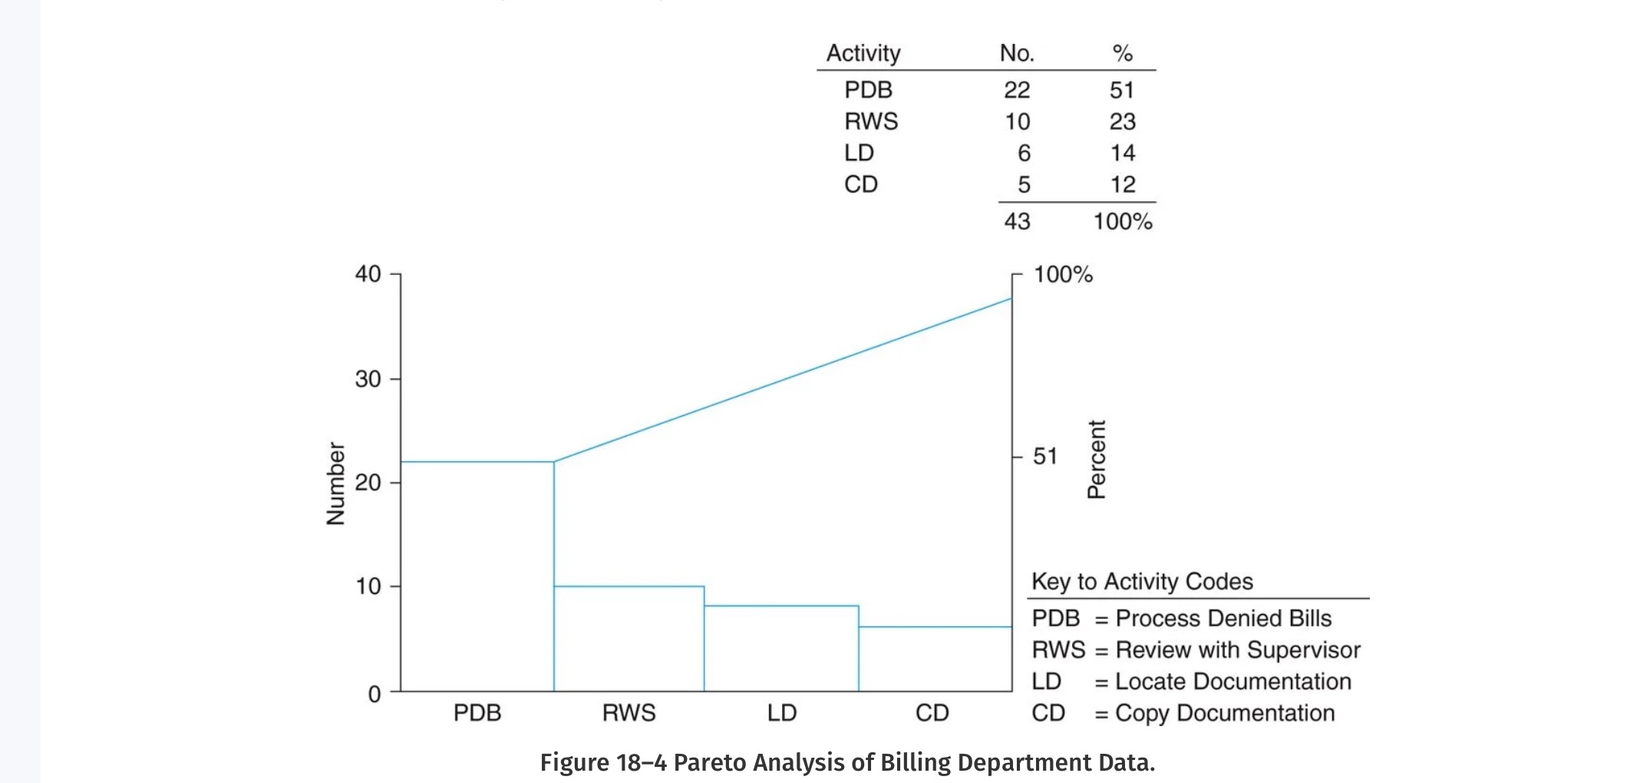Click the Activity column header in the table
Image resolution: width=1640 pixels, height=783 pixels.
pyautogui.click(x=863, y=53)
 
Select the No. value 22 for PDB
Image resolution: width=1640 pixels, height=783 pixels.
pyautogui.click(x=1016, y=90)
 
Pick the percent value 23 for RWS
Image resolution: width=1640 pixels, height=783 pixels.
pyautogui.click(x=1122, y=121)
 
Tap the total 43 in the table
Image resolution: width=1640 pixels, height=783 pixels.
pyautogui.click(x=1016, y=221)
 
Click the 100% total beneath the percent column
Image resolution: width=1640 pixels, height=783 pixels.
pyautogui.click(x=1122, y=221)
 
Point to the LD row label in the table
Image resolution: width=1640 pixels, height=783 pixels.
pyautogui.click(x=859, y=153)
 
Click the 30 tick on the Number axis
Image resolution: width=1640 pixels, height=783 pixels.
pyautogui.click(x=368, y=378)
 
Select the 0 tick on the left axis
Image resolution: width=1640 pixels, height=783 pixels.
pyautogui.click(x=375, y=694)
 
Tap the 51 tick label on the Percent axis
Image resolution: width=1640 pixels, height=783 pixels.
pyautogui.click(x=1044, y=456)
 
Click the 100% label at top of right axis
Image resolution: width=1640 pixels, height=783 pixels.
pyautogui.click(x=1063, y=274)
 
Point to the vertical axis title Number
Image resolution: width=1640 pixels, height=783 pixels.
pyautogui.click(x=335, y=483)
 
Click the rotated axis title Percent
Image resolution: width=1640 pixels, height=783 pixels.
pyautogui.click(x=1097, y=459)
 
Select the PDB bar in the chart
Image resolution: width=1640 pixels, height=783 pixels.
pyautogui.click(x=477, y=576)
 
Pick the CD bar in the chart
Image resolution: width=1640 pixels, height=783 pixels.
pyautogui.click(x=935, y=659)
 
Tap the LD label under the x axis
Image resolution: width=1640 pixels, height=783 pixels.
pyautogui.click(x=781, y=712)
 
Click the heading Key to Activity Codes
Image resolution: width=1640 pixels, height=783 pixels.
pyautogui.click(x=1142, y=581)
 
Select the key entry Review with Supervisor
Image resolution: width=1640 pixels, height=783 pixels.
pyautogui.click(x=1237, y=649)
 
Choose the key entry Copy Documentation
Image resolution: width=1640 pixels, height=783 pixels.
pyautogui.click(x=1224, y=712)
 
